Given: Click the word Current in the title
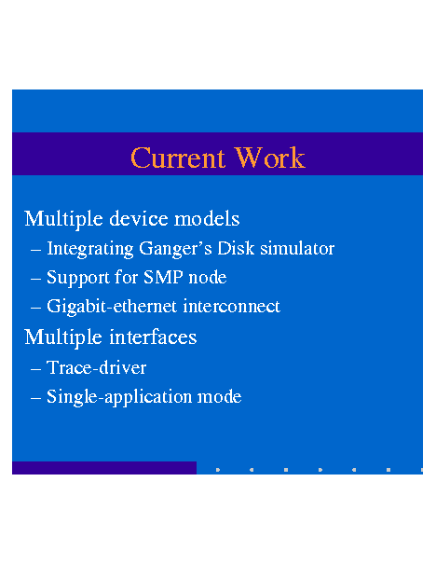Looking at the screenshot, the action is click(x=178, y=158).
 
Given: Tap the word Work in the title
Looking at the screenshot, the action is click(x=270, y=158).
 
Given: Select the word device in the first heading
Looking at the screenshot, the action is click(x=139, y=219).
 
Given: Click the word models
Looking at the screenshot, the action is click(x=207, y=219).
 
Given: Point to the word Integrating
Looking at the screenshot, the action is click(x=90, y=249).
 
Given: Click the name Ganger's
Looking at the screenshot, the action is click(x=175, y=249).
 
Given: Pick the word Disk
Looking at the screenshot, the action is click(x=236, y=248).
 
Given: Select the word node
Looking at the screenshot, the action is click(x=208, y=278).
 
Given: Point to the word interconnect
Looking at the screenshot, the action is click(x=231, y=306).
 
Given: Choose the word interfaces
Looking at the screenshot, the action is click(x=153, y=337).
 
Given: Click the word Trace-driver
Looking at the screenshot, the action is click(x=96, y=367).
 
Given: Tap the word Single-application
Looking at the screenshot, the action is click(x=119, y=397).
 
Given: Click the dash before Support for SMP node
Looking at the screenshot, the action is click(x=35, y=279).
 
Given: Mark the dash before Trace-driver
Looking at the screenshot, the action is click(x=35, y=369).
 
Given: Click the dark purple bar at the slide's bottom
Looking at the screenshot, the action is click(x=104, y=468).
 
